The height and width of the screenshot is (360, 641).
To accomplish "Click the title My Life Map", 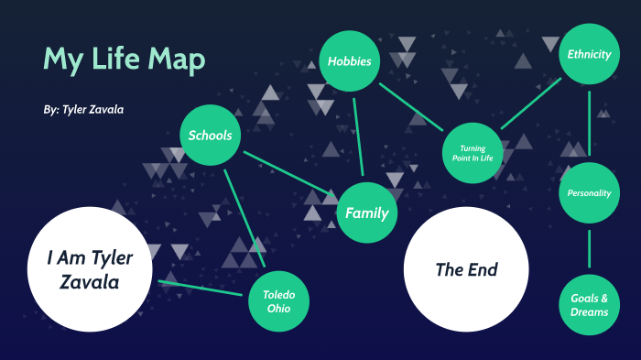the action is click(124, 60).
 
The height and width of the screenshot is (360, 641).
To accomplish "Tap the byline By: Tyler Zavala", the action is click(83, 110).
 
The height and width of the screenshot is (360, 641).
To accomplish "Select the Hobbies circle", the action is click(350, 62).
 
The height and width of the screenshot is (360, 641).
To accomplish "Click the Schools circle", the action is click(210, 136).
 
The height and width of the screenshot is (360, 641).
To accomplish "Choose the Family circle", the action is click(366, 213).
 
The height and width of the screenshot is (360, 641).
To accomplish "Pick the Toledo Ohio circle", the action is click(278, 300).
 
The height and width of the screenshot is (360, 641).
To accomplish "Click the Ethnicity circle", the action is click(589, 54).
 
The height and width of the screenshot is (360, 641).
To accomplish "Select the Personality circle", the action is click(589, 193).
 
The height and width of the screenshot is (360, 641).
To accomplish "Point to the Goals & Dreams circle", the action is click(589, 305).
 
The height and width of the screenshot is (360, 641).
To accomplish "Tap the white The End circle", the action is click(468, 269).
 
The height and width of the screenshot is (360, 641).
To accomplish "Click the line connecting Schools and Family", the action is click(288, 174).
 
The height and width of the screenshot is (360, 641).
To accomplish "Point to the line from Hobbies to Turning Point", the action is click(412, 108).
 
